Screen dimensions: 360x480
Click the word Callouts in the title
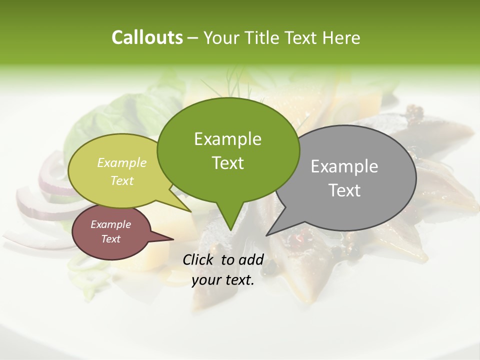pos(147,37)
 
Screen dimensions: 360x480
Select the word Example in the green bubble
pos(227,139)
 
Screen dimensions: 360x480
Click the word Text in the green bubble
pos(227,163)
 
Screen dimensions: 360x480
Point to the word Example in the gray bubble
pos(344,166)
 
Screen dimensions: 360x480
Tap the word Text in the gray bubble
pos(344,190)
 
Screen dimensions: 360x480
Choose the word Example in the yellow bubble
pos(122,162)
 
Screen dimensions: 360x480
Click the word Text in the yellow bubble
pos(122,180)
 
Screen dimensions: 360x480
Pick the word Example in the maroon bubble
pos(110,224)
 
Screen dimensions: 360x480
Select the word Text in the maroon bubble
pos(110,239)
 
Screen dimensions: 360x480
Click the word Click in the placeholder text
pos(199,259)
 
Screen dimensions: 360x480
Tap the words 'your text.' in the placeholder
pos(223,280)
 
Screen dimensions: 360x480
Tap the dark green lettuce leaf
pos(100,120)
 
